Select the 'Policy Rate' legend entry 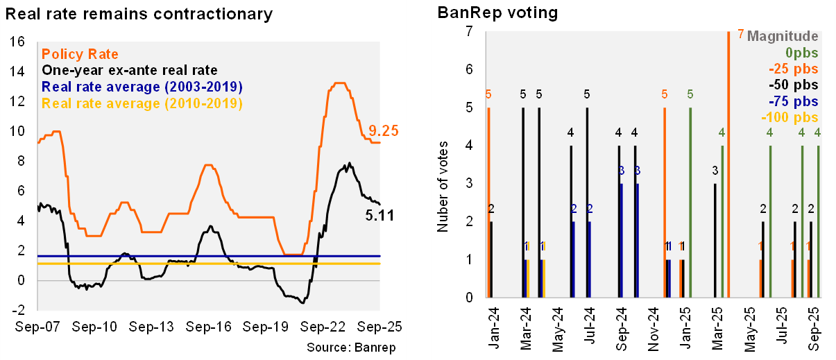click(x=80, y=54)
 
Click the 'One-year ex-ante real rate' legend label click(x=130, y=70)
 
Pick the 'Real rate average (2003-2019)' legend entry click(x=142, y=87)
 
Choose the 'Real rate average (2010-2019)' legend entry click(x=142, y=103)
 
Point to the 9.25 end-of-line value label click(x=383, y=129)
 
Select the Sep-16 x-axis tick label click(x=209, y=326)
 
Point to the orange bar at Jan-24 click(x=489, y=202)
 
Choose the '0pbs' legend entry click(x=801, y=53)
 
